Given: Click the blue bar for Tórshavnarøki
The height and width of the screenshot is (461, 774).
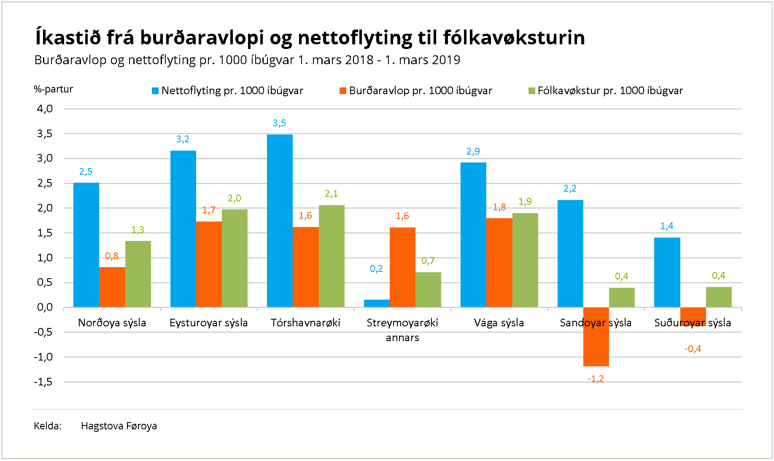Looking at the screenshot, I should (x=280, y=220).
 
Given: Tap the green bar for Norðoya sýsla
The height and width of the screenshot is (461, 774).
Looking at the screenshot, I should (x=138, y=274).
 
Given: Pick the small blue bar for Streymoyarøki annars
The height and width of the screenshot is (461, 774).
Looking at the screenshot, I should (x=377, y=303).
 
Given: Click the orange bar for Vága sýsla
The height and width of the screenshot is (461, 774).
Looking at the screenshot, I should (x=499, y=262).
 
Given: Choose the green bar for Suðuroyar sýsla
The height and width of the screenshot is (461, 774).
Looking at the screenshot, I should (x=718, y=297).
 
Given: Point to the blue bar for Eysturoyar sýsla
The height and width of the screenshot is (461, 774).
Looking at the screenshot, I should (x=183, y=228).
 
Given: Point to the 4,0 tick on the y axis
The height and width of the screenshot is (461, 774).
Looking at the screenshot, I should (x=45, y=109).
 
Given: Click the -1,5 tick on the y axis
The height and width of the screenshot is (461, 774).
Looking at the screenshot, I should (x=43, y=382).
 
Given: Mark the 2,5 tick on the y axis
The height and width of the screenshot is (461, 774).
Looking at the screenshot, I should (x=45, y=183).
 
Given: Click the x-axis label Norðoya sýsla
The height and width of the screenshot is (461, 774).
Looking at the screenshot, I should (x=112, y=323).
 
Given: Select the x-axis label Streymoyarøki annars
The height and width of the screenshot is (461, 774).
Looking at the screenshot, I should (x=402, y=330).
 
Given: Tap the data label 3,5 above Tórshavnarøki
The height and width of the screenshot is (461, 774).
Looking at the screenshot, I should (x=279, y=123).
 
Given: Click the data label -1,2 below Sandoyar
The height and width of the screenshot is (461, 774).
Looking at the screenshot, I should (x=596, y=379).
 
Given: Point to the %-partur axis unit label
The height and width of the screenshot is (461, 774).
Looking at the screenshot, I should (x=53, y=89).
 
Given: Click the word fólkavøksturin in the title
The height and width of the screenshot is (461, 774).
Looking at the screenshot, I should (x=514, y=38).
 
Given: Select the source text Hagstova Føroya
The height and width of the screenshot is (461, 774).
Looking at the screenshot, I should (x=119, y=426).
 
